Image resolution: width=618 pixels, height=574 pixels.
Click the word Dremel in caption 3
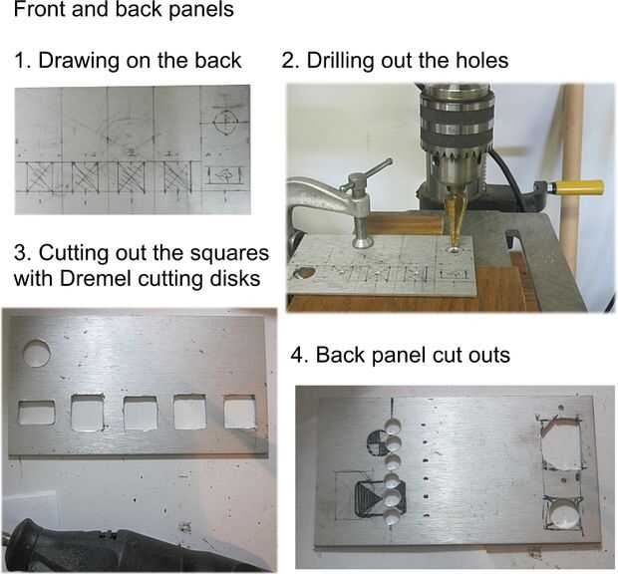(94, 279)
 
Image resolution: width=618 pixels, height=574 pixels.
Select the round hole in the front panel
(37, 354)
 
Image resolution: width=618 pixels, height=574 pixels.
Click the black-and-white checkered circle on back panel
(377, 442)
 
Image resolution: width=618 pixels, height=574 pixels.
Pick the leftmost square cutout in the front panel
(37, 413)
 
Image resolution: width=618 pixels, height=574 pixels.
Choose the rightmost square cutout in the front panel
(239, 413)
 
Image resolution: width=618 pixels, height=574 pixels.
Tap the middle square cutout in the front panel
(141, 414)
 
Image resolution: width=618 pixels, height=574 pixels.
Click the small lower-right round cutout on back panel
(563, 514)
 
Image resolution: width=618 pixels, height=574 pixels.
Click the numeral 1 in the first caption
(20, 61)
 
